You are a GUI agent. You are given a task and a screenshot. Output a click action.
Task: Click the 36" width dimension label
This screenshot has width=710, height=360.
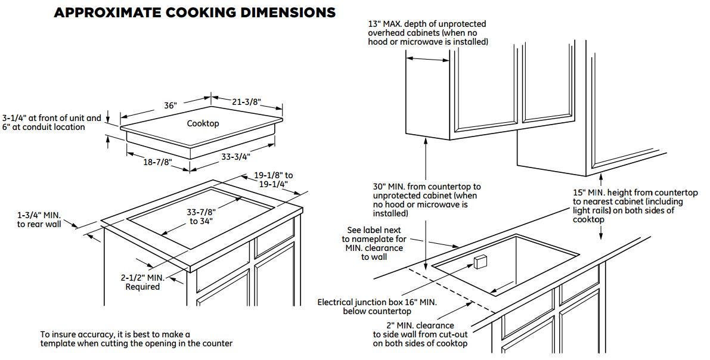(170, 105)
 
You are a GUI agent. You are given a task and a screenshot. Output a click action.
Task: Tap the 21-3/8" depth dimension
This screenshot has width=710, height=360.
(247, 102)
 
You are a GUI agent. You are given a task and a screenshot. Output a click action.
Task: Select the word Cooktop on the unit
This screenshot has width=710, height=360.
(203, 123)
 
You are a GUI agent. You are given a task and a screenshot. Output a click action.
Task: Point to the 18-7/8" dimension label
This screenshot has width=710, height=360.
(157, 161)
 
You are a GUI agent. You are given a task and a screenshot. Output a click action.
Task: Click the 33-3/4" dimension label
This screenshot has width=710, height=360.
(236, 156)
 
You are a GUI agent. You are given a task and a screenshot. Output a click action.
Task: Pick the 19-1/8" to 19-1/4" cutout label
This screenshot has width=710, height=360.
(273, 179)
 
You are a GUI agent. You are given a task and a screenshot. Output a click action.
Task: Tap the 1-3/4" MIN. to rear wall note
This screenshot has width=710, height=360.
(39, 219)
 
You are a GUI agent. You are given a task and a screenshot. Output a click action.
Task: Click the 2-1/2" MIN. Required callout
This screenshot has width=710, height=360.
(142, 282)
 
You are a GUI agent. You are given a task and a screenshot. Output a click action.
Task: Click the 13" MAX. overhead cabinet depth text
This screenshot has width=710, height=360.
(427, 33)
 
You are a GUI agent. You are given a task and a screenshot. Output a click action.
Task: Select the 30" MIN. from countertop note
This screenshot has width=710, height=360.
(427, 200)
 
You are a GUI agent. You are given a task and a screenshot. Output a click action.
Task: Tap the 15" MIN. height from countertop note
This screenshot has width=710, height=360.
(635, 206)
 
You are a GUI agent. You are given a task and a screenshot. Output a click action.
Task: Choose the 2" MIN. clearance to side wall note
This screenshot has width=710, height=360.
(420, 334)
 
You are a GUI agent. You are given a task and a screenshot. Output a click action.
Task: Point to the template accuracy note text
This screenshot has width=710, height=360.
(137, 339)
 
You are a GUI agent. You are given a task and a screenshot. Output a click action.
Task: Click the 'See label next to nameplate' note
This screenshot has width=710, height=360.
(374, 244)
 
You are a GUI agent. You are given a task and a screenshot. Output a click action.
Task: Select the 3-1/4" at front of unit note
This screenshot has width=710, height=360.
(52, 122)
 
